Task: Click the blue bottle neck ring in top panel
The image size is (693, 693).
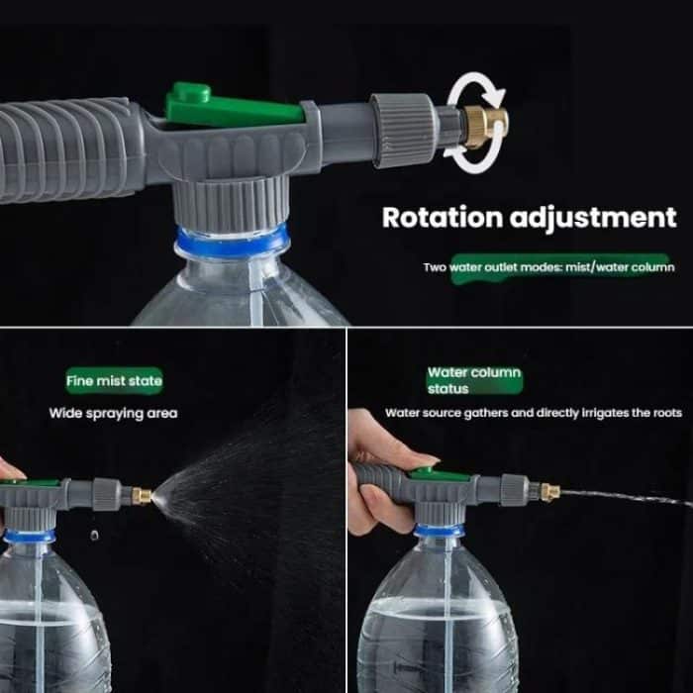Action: (233, 239)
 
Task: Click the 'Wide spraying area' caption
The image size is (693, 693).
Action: (113, 413)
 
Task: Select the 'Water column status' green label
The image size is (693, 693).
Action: (473, 380)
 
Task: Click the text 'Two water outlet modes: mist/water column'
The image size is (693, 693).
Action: (548, 267)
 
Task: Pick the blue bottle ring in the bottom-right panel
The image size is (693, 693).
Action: (439, 531)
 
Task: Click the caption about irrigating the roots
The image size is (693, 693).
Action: (533, 413)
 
